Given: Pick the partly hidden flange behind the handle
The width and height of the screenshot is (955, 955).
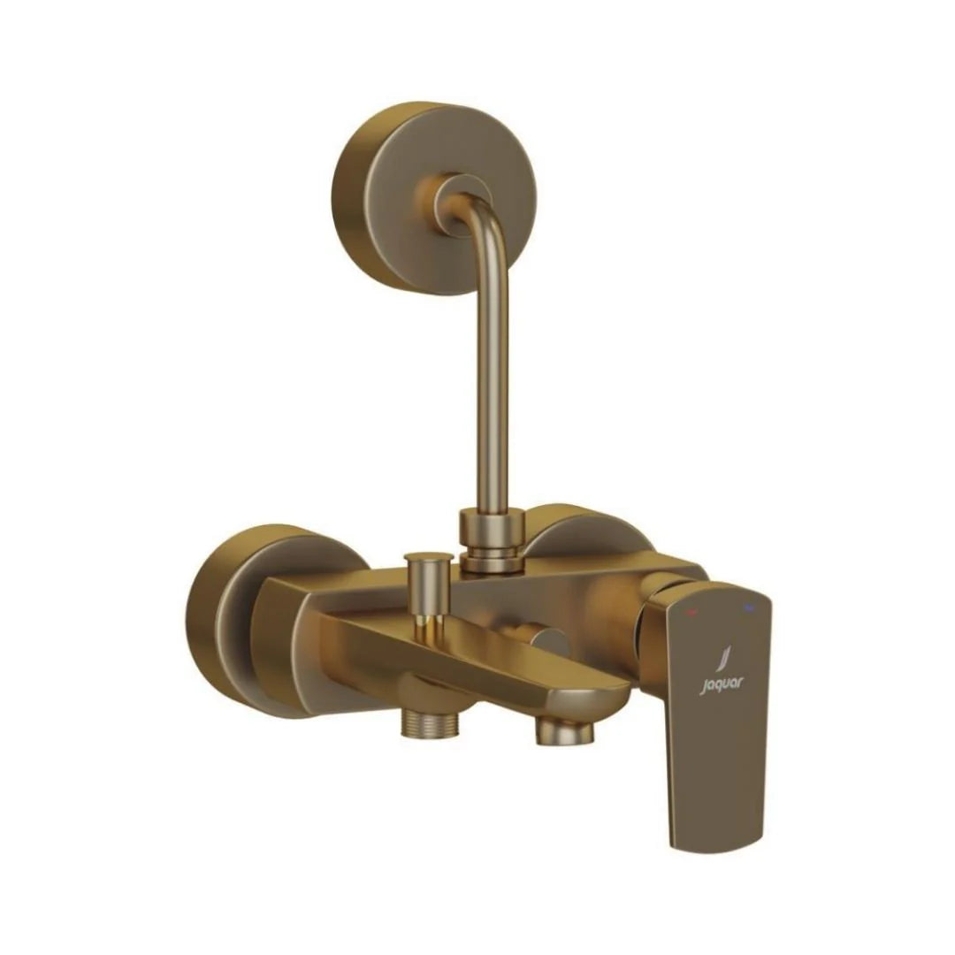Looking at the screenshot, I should point(584,535).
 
